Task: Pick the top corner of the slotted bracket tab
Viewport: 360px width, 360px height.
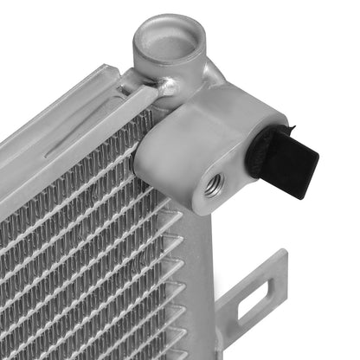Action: pyautogui.click(x=283, y=253)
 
